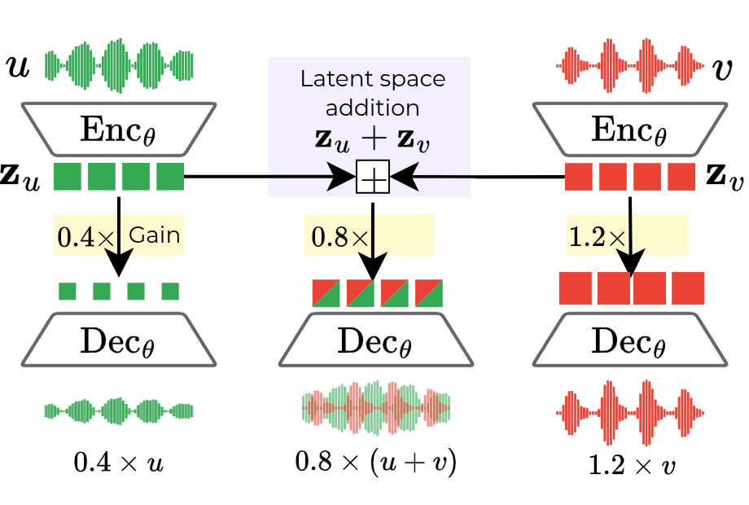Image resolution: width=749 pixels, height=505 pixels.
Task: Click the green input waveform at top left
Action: (x=119, y=64)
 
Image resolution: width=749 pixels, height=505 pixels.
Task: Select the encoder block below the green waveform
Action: (x=119, y=127)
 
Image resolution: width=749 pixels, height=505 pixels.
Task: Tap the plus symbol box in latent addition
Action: (x=373, y=177)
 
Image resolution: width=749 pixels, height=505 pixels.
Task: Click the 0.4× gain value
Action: (x=84, y=237)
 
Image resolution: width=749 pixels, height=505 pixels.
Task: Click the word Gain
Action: (x=154, y=235)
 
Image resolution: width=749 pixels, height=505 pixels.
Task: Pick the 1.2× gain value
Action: (x=597, y=237)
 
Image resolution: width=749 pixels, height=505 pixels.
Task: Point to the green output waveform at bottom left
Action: (x=119, y=411)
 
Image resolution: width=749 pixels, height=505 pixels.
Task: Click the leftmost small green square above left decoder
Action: (x=68, y=291)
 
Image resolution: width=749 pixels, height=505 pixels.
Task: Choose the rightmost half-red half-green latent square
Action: (x=429, y=292)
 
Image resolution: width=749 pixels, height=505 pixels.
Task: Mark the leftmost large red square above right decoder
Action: (x=575, y=288)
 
